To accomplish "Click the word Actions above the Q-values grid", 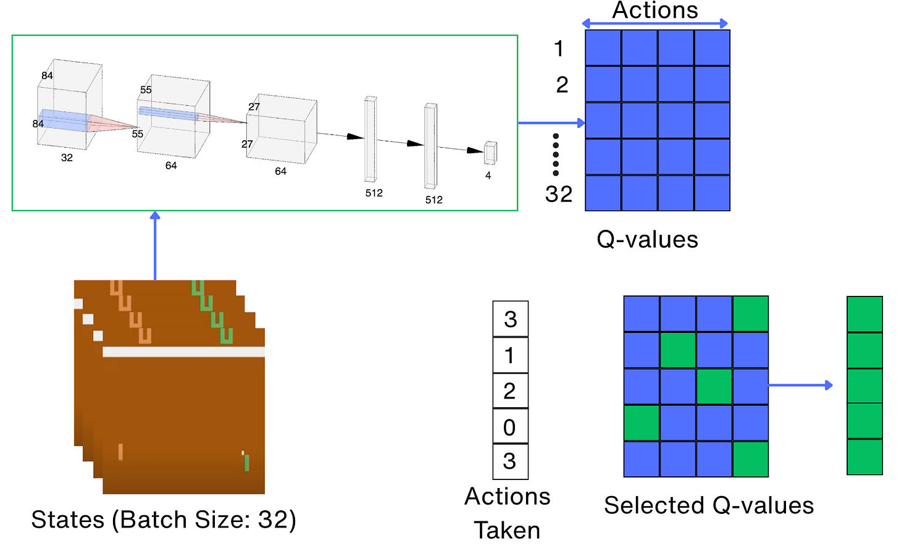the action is (x=654, y=10).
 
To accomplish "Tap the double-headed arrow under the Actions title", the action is (x=654, y=24).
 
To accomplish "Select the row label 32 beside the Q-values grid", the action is (x=558, y=194).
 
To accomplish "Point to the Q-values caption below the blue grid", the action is (x=647, y=240).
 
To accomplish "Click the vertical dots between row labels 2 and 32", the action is (x=556, y=154).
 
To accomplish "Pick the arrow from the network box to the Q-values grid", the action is (x=551, y=123).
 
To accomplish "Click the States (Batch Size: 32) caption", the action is (x=164, y=520).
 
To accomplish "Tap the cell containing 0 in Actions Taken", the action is (x=510, y=427).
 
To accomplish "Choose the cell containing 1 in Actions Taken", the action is (x=510, y=355).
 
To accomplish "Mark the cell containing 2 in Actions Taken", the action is (x=510, y=391).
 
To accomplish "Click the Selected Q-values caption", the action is (x=709, y=505).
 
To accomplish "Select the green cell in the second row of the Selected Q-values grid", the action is (x=678, y=350).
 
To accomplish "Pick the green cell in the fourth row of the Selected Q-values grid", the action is (x=642, y=423).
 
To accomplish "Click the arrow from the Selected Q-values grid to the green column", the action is (x=801, y=385).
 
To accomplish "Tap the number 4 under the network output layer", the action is (x=488, y=175).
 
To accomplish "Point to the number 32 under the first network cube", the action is (x=67, y=158).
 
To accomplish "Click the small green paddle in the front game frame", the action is (x=246, y=462).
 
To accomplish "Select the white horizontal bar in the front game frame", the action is (x=184, y=352).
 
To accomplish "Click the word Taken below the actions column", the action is (x=507, y=531).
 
